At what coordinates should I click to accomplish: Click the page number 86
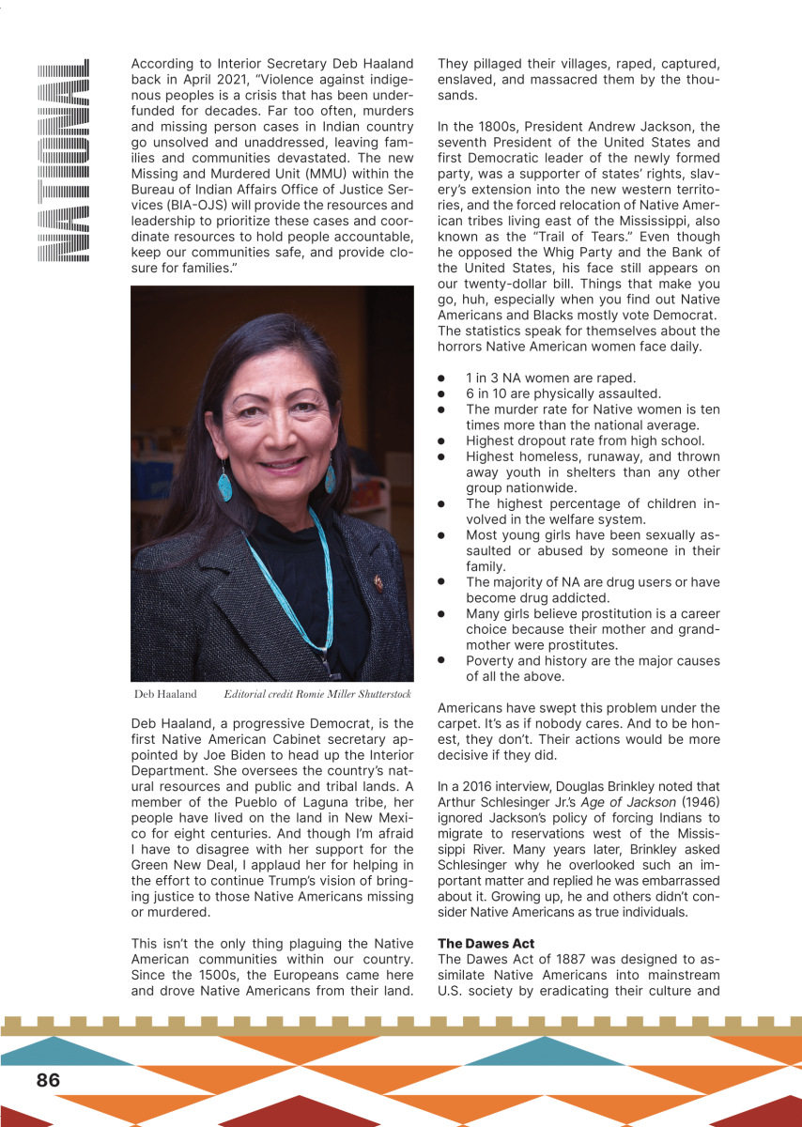[x=48, y=1080]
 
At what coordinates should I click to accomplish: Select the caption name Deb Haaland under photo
[x=165, y=694]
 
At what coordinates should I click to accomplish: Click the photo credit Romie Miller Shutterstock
[x=317, y=694]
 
